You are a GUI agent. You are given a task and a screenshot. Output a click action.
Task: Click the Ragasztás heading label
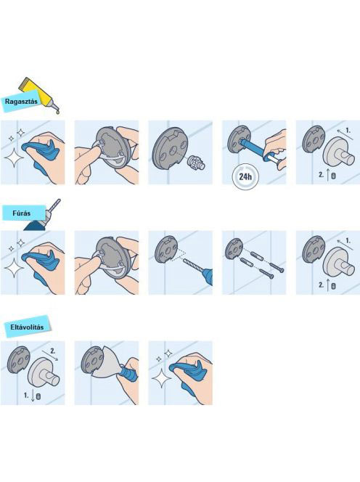pos(21,101)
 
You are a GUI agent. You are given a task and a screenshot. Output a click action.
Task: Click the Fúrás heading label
pos(22,213)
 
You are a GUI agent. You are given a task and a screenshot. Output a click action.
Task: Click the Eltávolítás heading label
pos(27,327)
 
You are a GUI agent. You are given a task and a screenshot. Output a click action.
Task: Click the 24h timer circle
pos(245,176)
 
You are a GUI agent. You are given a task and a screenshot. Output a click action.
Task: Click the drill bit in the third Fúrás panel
pos(195,266)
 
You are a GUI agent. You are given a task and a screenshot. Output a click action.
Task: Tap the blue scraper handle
pos(127,374)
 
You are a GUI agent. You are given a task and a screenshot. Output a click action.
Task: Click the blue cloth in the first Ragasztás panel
pos(40,154)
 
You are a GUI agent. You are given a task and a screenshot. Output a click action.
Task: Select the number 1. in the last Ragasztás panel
pos(348,131)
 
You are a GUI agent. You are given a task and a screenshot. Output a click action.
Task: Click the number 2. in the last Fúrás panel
pos(321,285)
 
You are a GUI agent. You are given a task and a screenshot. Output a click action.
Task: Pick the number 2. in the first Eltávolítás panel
pos(53,351)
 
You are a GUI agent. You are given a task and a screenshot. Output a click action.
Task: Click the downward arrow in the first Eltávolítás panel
pos(32,396)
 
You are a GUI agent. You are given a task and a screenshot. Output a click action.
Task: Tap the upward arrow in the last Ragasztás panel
pos(328,174)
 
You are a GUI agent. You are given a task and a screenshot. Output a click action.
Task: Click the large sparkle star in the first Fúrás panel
pos(14,267)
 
